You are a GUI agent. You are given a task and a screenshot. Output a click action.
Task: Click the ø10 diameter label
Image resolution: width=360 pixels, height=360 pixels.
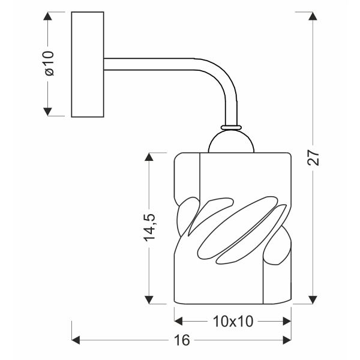tap(49, 63)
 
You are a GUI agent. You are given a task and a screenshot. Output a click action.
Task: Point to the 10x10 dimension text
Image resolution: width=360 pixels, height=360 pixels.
tap(232, 321)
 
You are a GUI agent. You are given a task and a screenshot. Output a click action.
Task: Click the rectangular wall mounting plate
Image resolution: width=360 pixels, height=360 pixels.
tap(88, 64)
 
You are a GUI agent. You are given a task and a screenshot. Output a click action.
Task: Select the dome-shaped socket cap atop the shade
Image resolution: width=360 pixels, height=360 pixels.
tap(232, 143)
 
